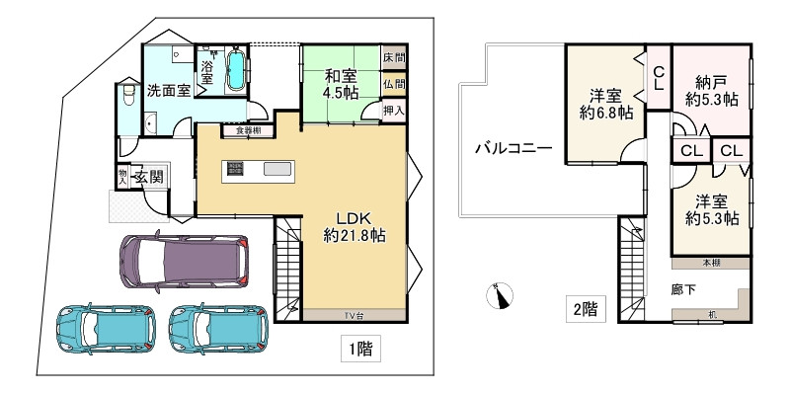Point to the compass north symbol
(x=503, y=295)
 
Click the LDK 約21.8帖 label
(x=354, y=226)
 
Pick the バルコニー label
(x=513, y=149)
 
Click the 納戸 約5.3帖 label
(x=711, y=90)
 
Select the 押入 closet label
(x=394, y=110)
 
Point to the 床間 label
(x=394, y=59)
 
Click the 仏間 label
(x=394, y=84)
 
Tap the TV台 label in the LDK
(x=353, y=315)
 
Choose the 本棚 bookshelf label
(x=711, y=263)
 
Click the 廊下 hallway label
(x=684, y=291)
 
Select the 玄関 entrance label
(x=149, y=177)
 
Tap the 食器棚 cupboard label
(x=248, y=130)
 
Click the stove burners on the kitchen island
(x=235, y=169)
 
